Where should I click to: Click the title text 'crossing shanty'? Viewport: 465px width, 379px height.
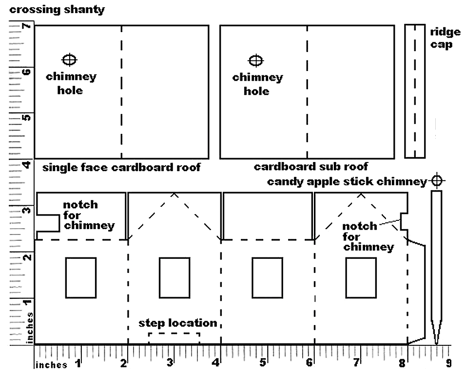coord(57,9)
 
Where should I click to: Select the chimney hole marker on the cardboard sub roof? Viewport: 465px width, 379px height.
coord(255,60)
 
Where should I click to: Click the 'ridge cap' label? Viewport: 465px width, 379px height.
coord(445,38)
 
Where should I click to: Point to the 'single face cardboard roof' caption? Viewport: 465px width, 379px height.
coord(121,168)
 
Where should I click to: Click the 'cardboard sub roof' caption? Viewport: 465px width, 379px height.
coord(311,167)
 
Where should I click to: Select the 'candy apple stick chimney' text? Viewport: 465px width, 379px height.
coord(347,182)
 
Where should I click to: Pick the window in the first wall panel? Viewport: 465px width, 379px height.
coord(81,277)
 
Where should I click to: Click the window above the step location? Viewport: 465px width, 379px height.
coord(174,277)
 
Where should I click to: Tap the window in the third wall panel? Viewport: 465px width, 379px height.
coord(267,277)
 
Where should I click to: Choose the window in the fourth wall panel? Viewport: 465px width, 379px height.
coord(361,277)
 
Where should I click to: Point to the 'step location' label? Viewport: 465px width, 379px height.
coord(177,323)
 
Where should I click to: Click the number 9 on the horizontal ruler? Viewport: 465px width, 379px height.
coord(448,362)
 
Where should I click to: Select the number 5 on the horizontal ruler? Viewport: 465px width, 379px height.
coord(263,362)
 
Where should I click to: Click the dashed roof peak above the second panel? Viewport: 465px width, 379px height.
coord(174,194)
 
